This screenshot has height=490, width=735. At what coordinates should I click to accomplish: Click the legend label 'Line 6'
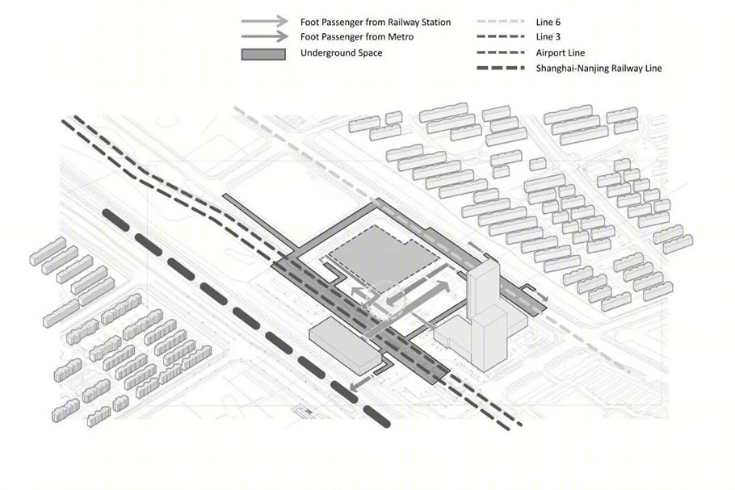(x=548, y=22)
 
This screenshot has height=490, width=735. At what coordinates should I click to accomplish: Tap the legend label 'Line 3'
(x=548, y=36)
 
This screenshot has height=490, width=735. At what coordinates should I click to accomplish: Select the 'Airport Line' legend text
(x=561, y=53)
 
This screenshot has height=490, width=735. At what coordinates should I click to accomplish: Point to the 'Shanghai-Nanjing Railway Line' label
(x=598, y=69)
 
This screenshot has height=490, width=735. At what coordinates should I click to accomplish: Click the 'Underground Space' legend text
(x=341, y=53)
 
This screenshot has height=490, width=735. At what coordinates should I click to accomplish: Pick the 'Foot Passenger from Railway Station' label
(x=376, y=22)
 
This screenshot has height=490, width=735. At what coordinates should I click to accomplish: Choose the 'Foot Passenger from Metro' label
(x=357, y=36)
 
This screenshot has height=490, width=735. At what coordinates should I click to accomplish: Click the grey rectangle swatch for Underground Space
(x=263, y=54)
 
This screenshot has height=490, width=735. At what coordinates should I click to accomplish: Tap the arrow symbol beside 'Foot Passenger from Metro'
(x=265, y=36)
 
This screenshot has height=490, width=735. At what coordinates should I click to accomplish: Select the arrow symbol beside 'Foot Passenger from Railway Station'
(x=265, y=21)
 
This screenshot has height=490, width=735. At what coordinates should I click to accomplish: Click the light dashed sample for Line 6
(x=501, y=22)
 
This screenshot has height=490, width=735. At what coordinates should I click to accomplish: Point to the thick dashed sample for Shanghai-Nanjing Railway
(x=501, y=68)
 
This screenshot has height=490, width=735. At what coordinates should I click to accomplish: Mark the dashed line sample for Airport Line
(x=501, y=52)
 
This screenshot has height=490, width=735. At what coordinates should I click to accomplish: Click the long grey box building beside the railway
(x=345, y=346)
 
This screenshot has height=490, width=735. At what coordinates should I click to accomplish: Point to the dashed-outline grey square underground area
(x=384, y=255)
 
